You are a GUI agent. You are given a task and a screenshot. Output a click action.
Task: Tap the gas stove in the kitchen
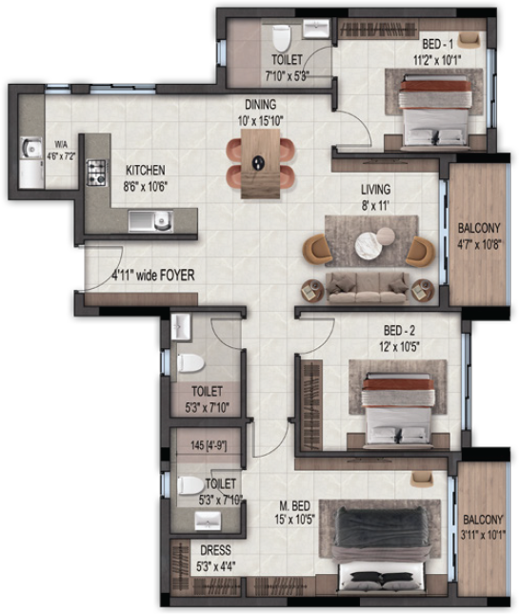[x=96, y=173]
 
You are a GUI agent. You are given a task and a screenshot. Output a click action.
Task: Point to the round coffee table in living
[x=368, y=246]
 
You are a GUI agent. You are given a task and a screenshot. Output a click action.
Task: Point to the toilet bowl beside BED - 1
[x=281, y=39]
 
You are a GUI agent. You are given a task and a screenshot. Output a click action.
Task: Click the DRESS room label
[x=215, y=549]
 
